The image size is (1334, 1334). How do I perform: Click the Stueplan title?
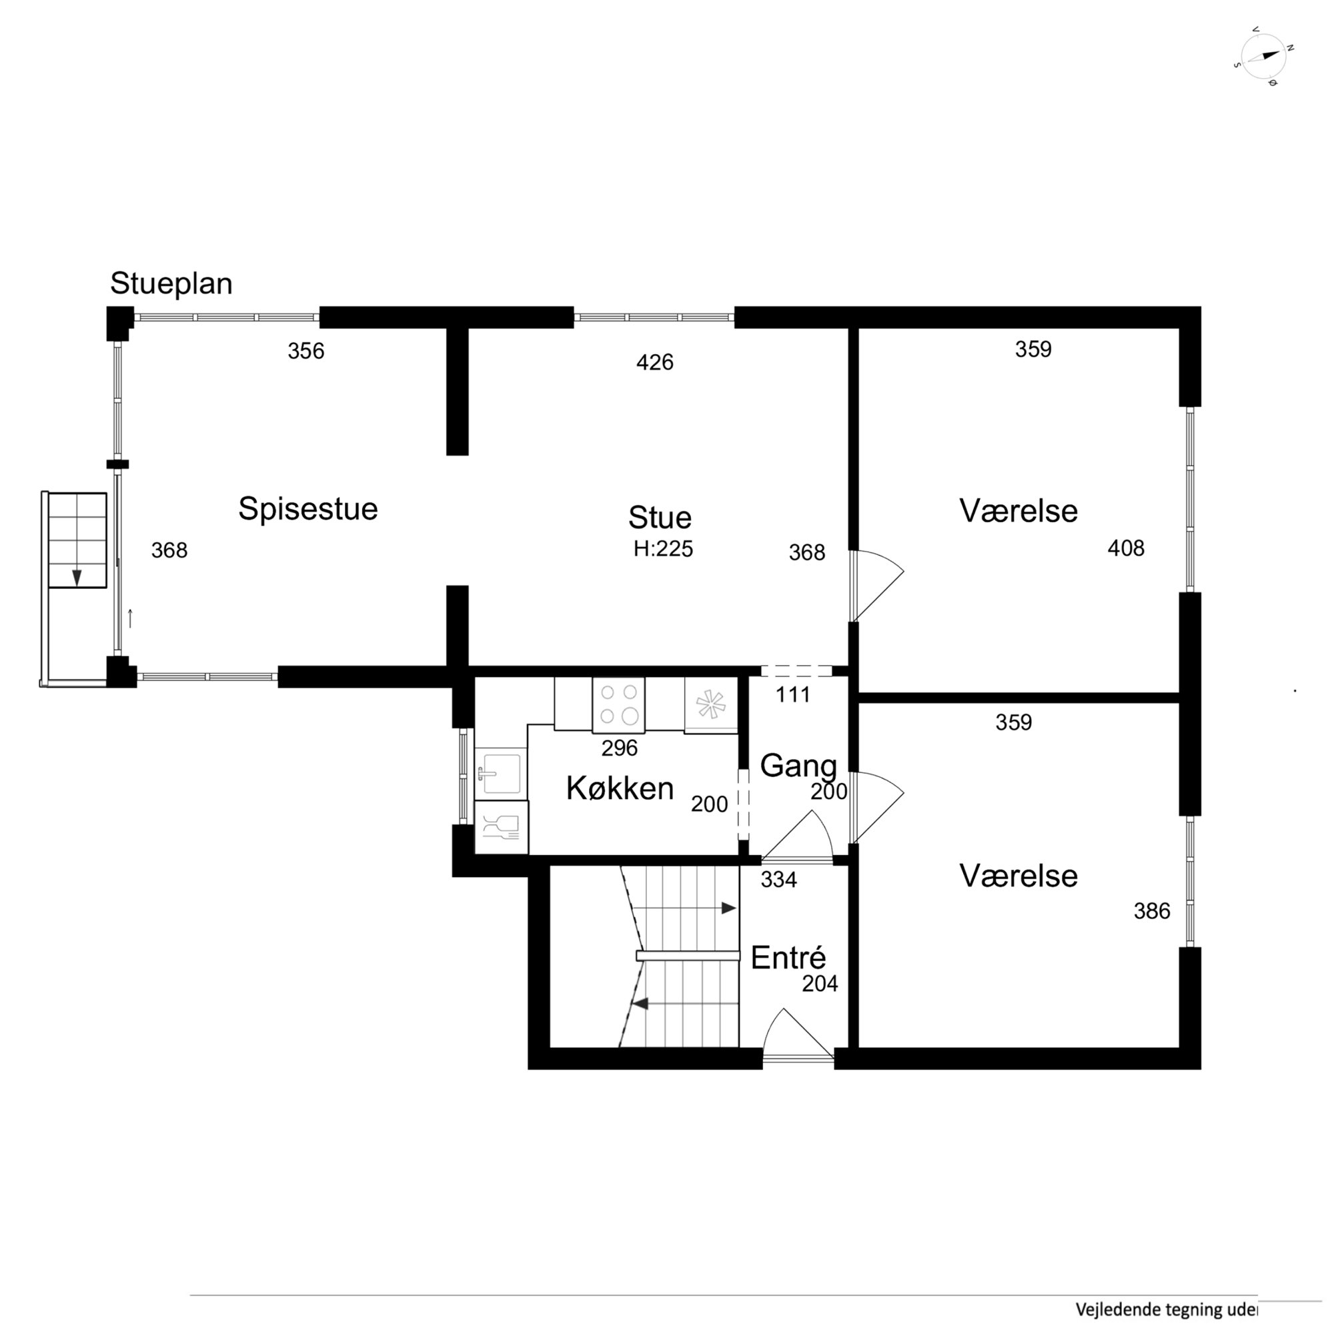pos(171,283)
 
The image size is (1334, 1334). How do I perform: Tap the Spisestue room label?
pos(308,509)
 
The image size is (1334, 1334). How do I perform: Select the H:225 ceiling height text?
pos(663,549)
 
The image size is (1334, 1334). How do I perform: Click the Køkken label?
pos(620,788)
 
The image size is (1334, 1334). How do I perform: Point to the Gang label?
pos(798,765)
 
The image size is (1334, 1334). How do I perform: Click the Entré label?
pos(788,958)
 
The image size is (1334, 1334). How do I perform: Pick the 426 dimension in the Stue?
pos(654,362)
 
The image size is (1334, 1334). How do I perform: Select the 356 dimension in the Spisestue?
pos(306,351)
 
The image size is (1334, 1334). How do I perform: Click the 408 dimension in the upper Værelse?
pos(1125,548)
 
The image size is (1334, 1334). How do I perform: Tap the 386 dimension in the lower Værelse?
pos(1152,911)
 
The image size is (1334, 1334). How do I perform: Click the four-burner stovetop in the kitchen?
pos(619,704)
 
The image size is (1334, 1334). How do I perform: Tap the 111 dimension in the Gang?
pos(792,694)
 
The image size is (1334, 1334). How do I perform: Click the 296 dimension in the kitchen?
pos(620,748)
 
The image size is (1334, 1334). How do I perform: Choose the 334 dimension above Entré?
pos(778,880)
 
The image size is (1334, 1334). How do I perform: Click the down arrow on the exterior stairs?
pos(77,577)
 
